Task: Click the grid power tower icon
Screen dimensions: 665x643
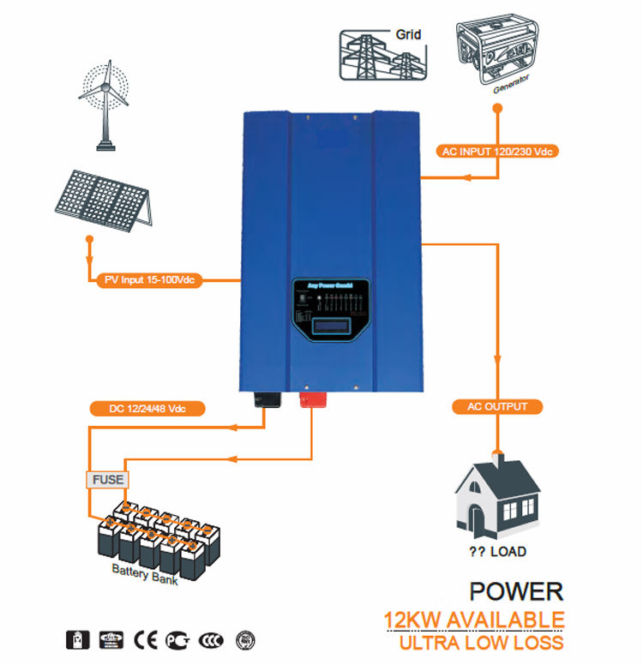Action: click(x=377, y=57)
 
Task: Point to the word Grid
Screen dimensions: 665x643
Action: click(x=408, y=36)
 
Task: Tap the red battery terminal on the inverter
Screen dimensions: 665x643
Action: click(x=310, y=398)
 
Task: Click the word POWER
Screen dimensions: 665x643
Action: click(x=517, y=591)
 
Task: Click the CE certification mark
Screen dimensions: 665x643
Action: click(x=143, y=639)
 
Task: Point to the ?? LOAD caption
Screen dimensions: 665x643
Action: click(x=497, y=552)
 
